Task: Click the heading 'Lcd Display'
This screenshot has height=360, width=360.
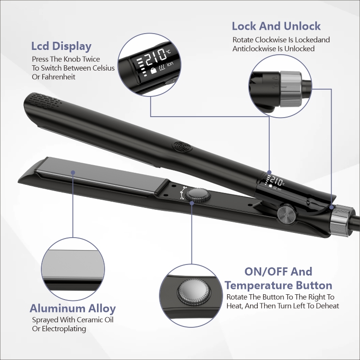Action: pyautogui.click(x=61, y=47)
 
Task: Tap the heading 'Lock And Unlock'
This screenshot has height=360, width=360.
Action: pyautogui.click(x=276, y=26)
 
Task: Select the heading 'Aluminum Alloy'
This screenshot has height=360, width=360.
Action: pyautogui.click(x=72, y=309)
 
